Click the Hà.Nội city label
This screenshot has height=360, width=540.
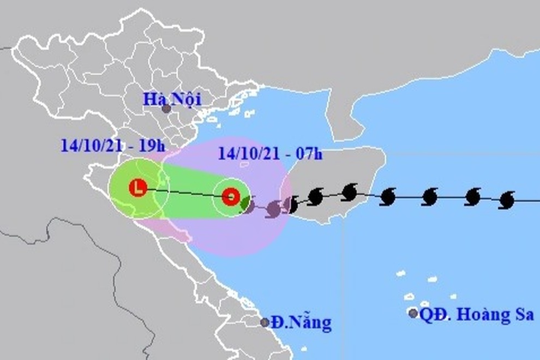pyautogui.click(x=172, y=99)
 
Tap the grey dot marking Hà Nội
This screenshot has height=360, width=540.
pyautogui.click(x=166, y=109)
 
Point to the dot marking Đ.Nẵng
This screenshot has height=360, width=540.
pyautogui.click(x=265, y=322)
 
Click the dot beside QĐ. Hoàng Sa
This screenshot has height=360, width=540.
pyautogui.click(x=413, y=313)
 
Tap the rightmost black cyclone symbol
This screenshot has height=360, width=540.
pyautogui.click(x=507, y=200)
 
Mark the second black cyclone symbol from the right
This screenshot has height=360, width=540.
pyautogui.click(x=473, y=197)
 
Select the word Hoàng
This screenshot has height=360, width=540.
pyautogui.click(x=481, y=315)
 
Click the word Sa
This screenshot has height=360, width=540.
pyautogui.click(x=523, y=314)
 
